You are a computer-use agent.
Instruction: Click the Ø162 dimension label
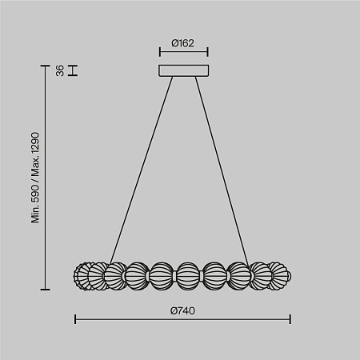pos(182,43)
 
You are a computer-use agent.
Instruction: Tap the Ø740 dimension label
pos(182,310)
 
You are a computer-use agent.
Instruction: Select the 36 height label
pos(60,70)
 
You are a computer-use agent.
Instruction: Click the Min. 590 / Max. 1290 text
pos(35,178)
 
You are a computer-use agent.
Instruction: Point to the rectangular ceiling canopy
pos(184,70)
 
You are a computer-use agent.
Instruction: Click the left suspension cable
pos(142,170)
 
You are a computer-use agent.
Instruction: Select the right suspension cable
pos(222,170)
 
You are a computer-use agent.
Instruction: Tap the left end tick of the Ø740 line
pos(75,319)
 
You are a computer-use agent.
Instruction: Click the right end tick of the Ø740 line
pos(290,319)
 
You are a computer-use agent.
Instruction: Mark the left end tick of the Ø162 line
pos(160,52)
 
